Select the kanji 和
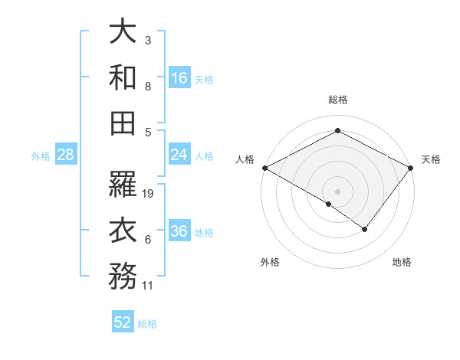point(123,77)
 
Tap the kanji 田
point(123,122)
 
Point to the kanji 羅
point(123,185)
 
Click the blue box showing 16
point(179,78)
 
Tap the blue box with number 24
point(179,155)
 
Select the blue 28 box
point(66,155)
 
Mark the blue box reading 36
point(179,231)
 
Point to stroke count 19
point(149,194)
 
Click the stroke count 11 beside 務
point(149,286)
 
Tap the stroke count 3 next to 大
point(148,40)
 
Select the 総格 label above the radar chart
point(337,100)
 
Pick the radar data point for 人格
point(264,168)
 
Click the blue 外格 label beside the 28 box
point(41,155)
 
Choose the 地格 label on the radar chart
point(402,262)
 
